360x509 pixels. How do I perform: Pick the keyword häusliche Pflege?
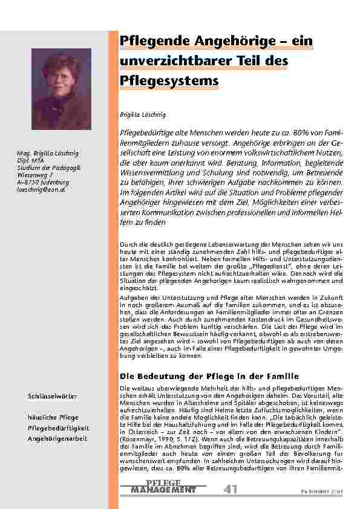(x=53, y=418)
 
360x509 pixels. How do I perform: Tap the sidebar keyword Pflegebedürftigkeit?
(x=59, y=428)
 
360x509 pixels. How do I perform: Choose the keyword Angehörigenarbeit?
(x=58, y=438)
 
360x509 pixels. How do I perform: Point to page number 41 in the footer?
(x=230, y=489)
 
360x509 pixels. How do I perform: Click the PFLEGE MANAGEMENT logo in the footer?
(x=163, y=487)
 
